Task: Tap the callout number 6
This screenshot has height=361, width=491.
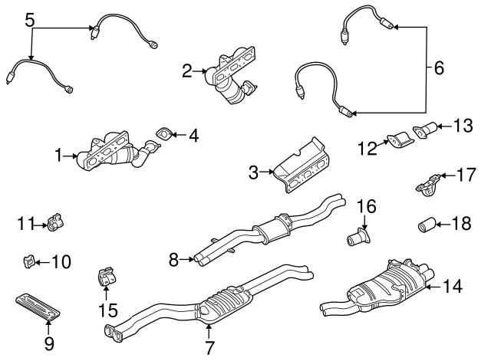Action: coord(439,68)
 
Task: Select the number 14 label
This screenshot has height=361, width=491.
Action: coord(453,287)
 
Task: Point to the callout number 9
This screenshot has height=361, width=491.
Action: coord(49,344)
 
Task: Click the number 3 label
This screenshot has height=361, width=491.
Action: coord(254,173)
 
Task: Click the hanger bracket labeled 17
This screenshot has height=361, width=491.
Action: coord(427,185)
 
